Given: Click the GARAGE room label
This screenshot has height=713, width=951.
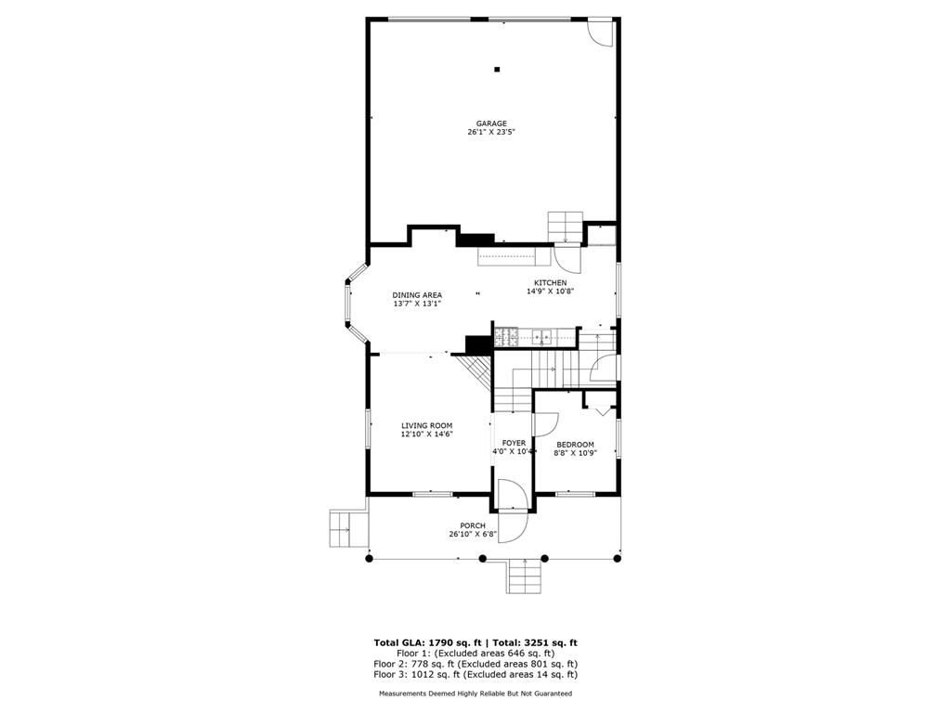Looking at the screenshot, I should (x=491, y=123).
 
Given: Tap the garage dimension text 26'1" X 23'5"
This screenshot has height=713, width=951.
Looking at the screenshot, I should (x=491, y=133).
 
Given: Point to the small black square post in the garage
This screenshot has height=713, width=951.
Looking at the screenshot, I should (x=497, y=69).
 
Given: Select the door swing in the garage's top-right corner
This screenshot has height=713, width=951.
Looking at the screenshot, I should (x=601, y=32).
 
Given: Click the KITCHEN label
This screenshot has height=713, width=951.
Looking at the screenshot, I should (x=550, y=283).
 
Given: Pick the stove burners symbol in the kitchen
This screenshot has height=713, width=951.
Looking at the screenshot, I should (x=507, y=336).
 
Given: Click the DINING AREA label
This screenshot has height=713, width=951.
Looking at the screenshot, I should (x=417, y=295).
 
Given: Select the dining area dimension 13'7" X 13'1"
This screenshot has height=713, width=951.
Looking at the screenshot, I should (x=417, y=304).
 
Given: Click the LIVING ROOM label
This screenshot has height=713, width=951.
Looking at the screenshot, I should (x=426, y=425).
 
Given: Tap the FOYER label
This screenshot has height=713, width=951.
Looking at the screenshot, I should (x=514, y=443).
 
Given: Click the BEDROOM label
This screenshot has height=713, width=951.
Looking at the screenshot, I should (x=575, y=445).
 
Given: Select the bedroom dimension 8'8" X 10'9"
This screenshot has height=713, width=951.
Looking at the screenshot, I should (x=575, y=453).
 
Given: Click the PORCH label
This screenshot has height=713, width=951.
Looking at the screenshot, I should (x=473, y=525).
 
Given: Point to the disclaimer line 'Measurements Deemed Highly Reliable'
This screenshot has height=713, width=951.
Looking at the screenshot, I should (x=475, y=694).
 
